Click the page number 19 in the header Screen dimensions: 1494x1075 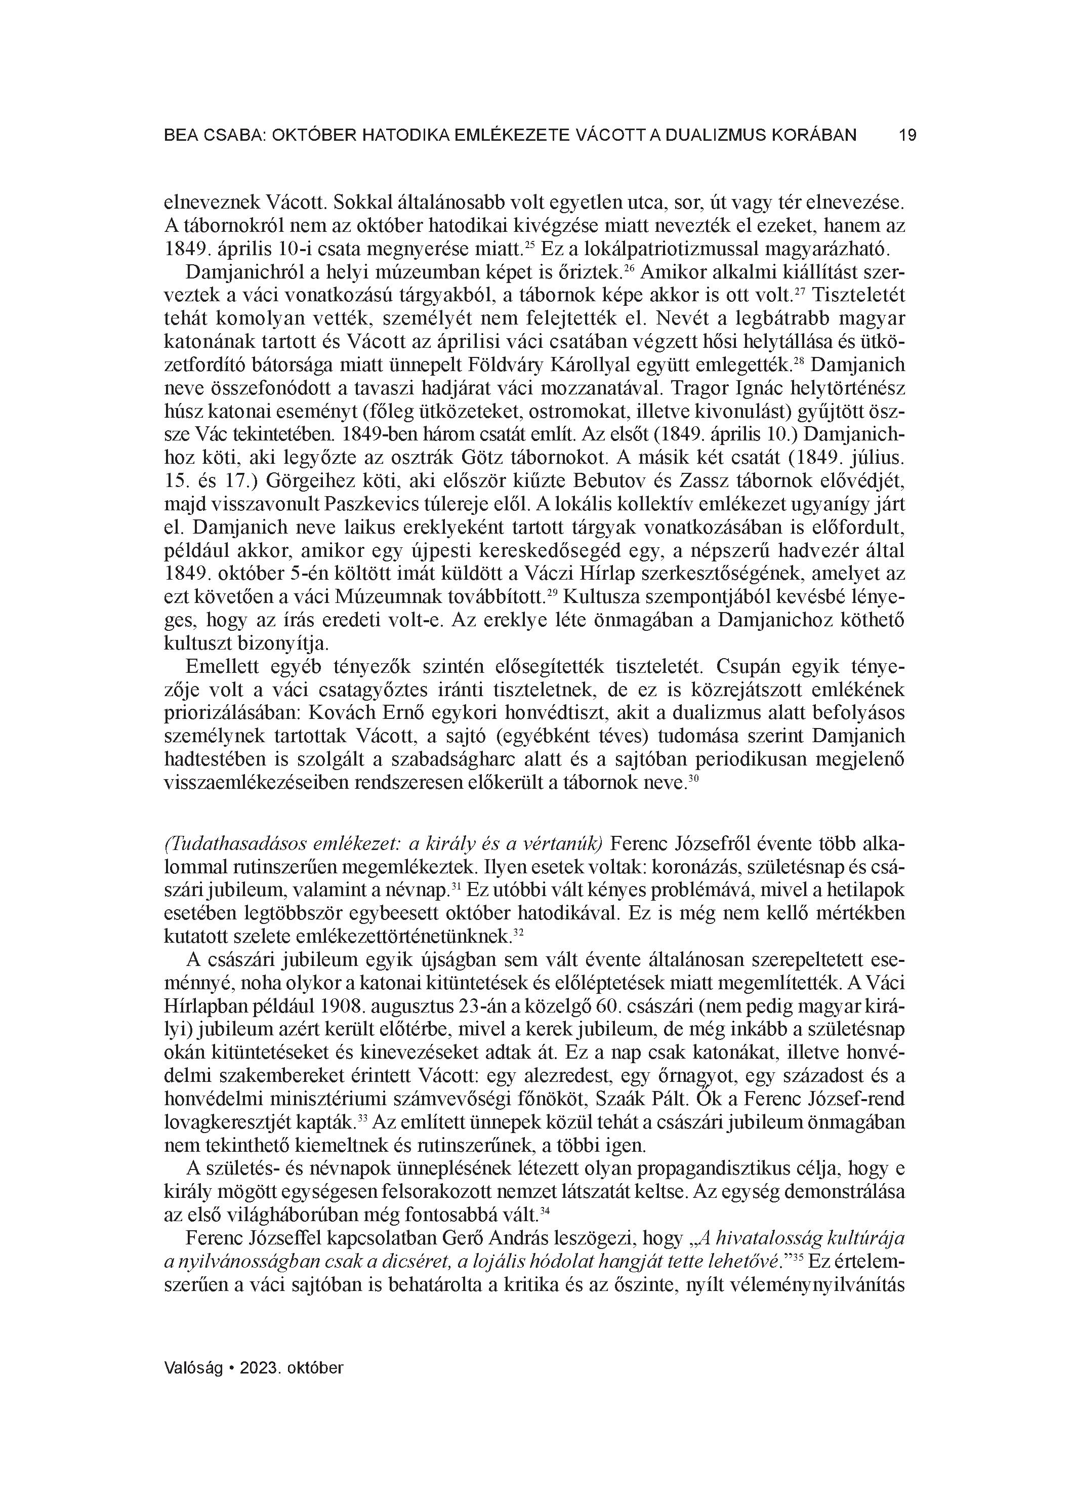[x=907, y=136]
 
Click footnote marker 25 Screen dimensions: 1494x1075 [x=528, y=245]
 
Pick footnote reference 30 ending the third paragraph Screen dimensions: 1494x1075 [x=693, y=779]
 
